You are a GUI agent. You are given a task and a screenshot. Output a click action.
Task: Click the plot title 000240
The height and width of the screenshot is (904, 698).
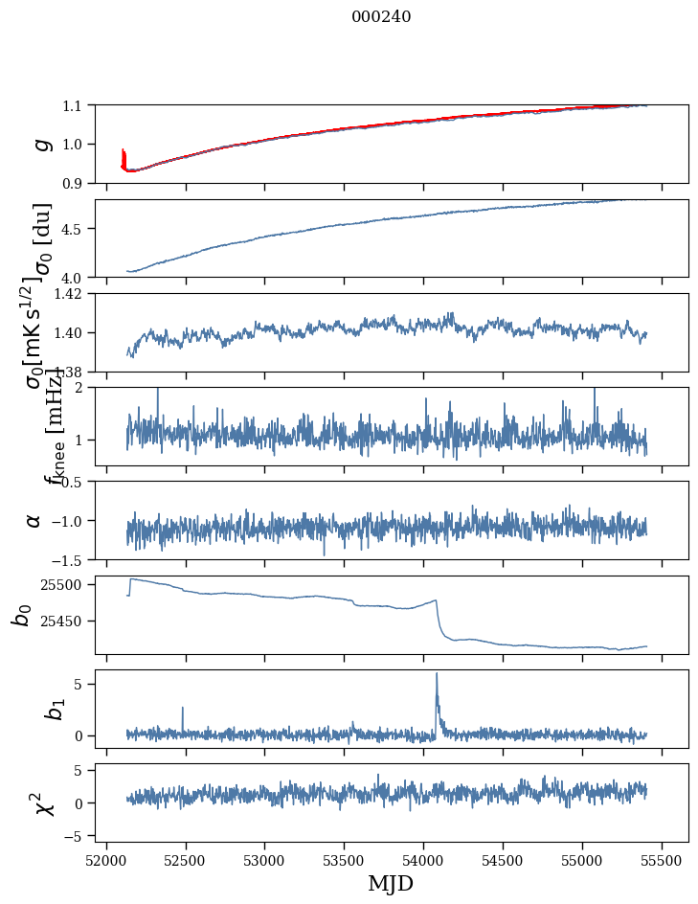[x=381, y=16]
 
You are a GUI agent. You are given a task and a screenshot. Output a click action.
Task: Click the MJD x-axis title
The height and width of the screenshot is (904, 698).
[x=391, y=883]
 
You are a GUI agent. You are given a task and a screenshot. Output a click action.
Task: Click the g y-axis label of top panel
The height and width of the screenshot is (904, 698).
[x=40, y=144]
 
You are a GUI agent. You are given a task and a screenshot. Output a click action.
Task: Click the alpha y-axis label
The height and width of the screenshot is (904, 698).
[x=34, y=520]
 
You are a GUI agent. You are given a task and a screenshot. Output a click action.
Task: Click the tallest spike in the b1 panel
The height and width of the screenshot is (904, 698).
[x=437, y=674]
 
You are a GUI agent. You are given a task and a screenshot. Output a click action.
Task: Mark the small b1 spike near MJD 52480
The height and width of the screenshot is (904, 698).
[x=183, y=709]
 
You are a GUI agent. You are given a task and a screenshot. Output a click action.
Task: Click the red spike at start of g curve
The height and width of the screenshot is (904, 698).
[x=124, y=154]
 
